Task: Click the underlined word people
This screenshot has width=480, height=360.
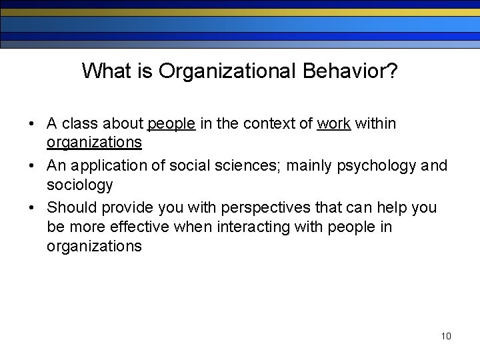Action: coord(171,123)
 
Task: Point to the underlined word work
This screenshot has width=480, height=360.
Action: coord(334,123)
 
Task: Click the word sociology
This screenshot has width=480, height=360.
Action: coord(79,185)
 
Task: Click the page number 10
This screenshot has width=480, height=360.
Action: coord(446,335)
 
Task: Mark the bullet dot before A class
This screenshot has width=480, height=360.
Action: coord(32,124)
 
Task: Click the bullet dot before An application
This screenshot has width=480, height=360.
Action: coord(32,166)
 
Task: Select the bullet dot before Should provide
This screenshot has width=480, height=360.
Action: coord(32,208)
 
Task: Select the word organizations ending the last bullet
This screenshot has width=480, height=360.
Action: coord(94,246)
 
